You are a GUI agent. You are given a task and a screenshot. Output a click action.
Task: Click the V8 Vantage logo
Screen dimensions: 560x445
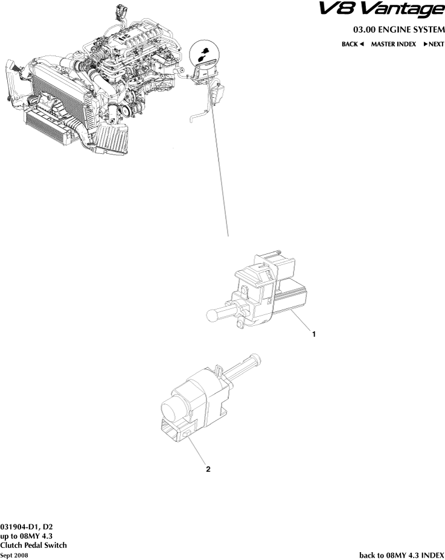(x=389, y=10)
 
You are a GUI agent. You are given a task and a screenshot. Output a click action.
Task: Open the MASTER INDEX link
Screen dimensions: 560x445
(x=393, y=44)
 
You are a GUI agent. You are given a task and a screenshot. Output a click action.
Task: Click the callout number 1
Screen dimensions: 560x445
(x=313, y=332)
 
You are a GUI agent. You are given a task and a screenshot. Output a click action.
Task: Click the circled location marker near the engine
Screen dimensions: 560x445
(x=205, y=57)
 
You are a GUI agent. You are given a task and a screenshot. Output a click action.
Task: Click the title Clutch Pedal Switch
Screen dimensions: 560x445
(x=33, y=545)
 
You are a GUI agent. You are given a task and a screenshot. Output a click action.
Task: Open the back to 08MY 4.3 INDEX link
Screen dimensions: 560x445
(x=402, y=554)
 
